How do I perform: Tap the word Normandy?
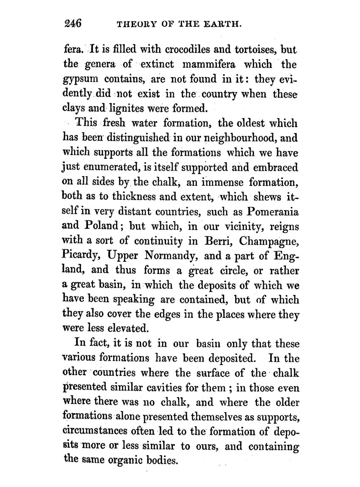167,256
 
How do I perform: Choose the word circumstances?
92,432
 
